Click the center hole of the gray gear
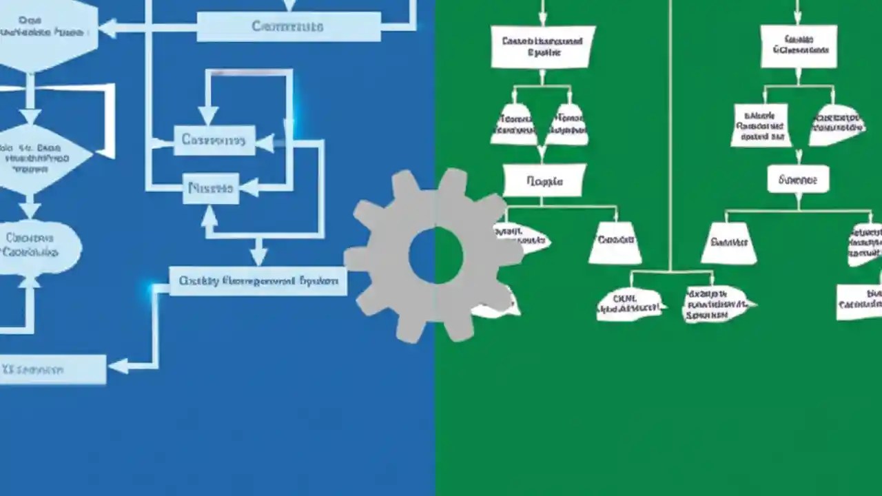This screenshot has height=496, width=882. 435,256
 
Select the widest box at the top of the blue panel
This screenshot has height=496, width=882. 288,27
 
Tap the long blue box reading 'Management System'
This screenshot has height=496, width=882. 258,281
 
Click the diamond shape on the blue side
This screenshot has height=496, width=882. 38,157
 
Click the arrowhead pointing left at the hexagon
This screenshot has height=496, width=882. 107,28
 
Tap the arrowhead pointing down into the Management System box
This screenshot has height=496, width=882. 258,256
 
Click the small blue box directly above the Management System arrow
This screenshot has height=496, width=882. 211,188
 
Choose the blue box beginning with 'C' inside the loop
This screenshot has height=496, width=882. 214,141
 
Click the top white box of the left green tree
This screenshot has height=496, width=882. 542,47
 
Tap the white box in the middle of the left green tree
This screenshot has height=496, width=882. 544,181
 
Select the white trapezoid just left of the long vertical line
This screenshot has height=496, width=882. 615,242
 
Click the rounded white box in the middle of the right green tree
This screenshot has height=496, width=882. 798,179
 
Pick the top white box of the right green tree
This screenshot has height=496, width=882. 798,46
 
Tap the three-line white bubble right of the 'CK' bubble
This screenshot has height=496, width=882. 717,304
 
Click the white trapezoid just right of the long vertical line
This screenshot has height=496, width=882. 728,242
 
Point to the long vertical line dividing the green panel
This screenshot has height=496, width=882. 670,138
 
